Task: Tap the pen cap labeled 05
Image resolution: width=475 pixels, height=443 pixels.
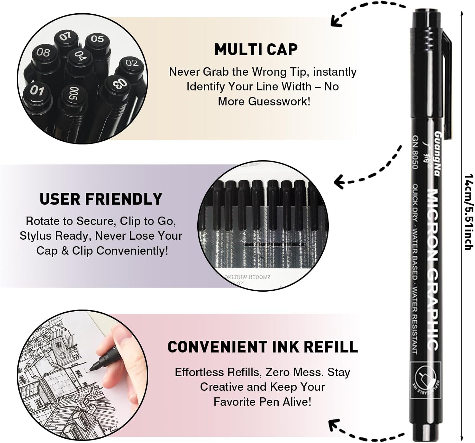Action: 97,39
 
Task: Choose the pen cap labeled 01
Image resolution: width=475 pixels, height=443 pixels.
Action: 37,91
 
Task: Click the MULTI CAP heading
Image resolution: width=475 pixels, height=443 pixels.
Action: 256,49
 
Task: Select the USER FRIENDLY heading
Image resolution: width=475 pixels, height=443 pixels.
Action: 101,199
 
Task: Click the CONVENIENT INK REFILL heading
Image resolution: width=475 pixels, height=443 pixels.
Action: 263,347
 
